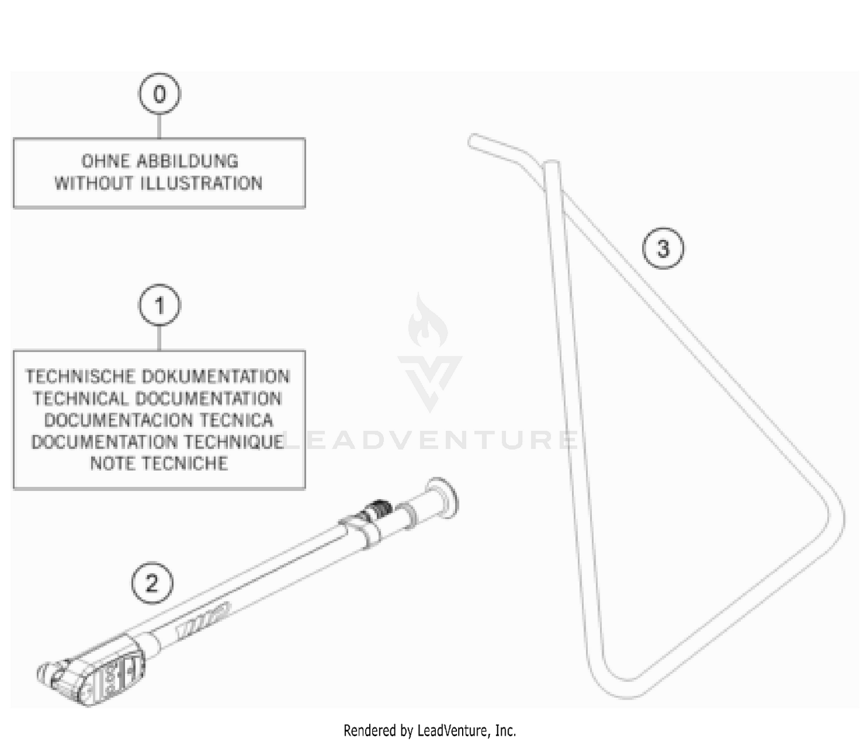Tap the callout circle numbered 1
point(159,305)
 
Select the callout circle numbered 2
point(152,583)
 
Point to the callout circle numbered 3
point(663,249)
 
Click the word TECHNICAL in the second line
point(81,398)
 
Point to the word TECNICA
point(236,420)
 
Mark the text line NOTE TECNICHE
point(159,463)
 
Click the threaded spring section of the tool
point(378,508)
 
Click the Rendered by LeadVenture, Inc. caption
point(429,731)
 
